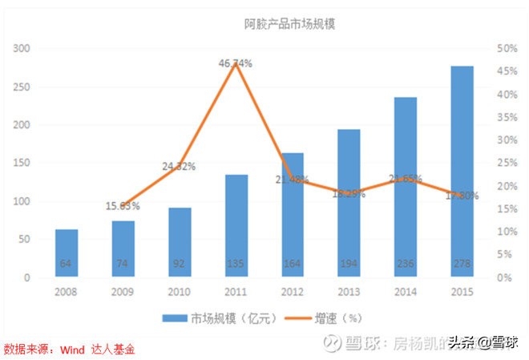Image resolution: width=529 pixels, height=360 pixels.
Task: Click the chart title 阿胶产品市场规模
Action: (289, 24)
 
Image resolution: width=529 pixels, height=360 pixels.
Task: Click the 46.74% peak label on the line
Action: (236, 63)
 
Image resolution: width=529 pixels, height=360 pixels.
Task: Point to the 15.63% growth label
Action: (123, 206)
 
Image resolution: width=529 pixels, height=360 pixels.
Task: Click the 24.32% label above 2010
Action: (180, 167)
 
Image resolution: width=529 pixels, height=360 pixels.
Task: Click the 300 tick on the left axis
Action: (22, 49)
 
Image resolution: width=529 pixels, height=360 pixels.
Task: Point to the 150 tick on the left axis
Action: (22, 164)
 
